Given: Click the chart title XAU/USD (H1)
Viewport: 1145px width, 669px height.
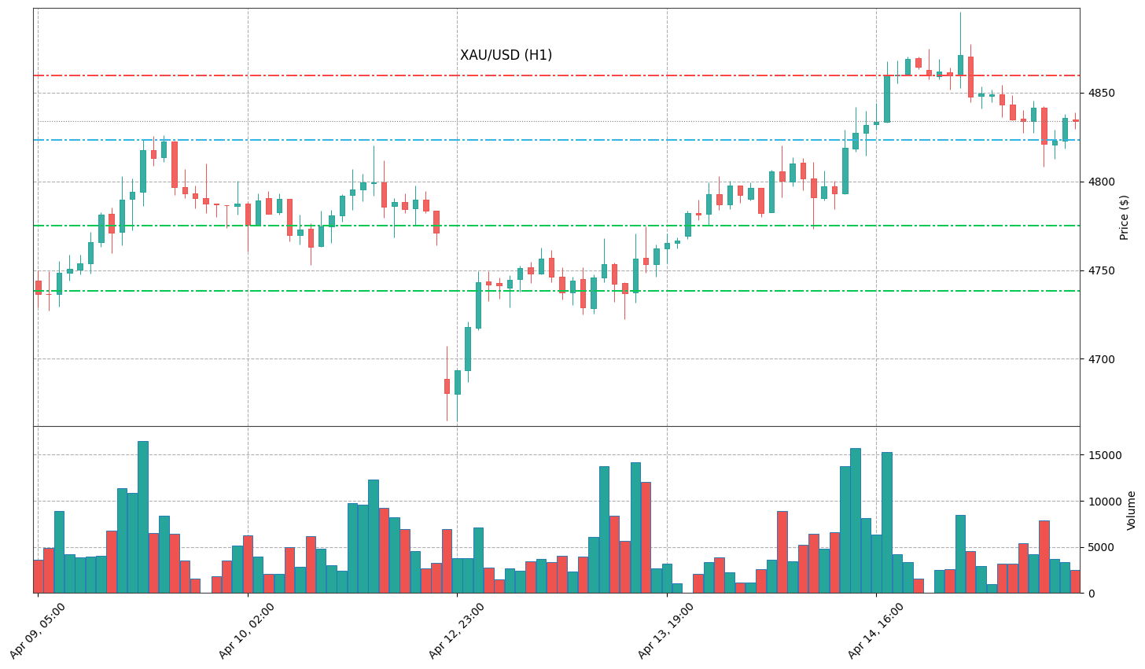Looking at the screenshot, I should coord(506,55).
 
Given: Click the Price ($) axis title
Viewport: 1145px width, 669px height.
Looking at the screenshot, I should coord(1124,217).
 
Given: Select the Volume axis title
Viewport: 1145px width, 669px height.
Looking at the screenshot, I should coord(1131,510).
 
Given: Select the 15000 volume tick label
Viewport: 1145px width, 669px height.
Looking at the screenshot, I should coord(1103,455).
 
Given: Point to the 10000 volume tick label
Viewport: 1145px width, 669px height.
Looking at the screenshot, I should coord(1103,502).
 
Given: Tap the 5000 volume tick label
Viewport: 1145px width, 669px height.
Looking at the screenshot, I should coord(1100,547).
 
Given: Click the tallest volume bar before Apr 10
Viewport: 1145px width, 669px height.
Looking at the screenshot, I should coord(143,516).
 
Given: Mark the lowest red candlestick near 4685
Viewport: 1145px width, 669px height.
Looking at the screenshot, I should coord(447,386).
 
